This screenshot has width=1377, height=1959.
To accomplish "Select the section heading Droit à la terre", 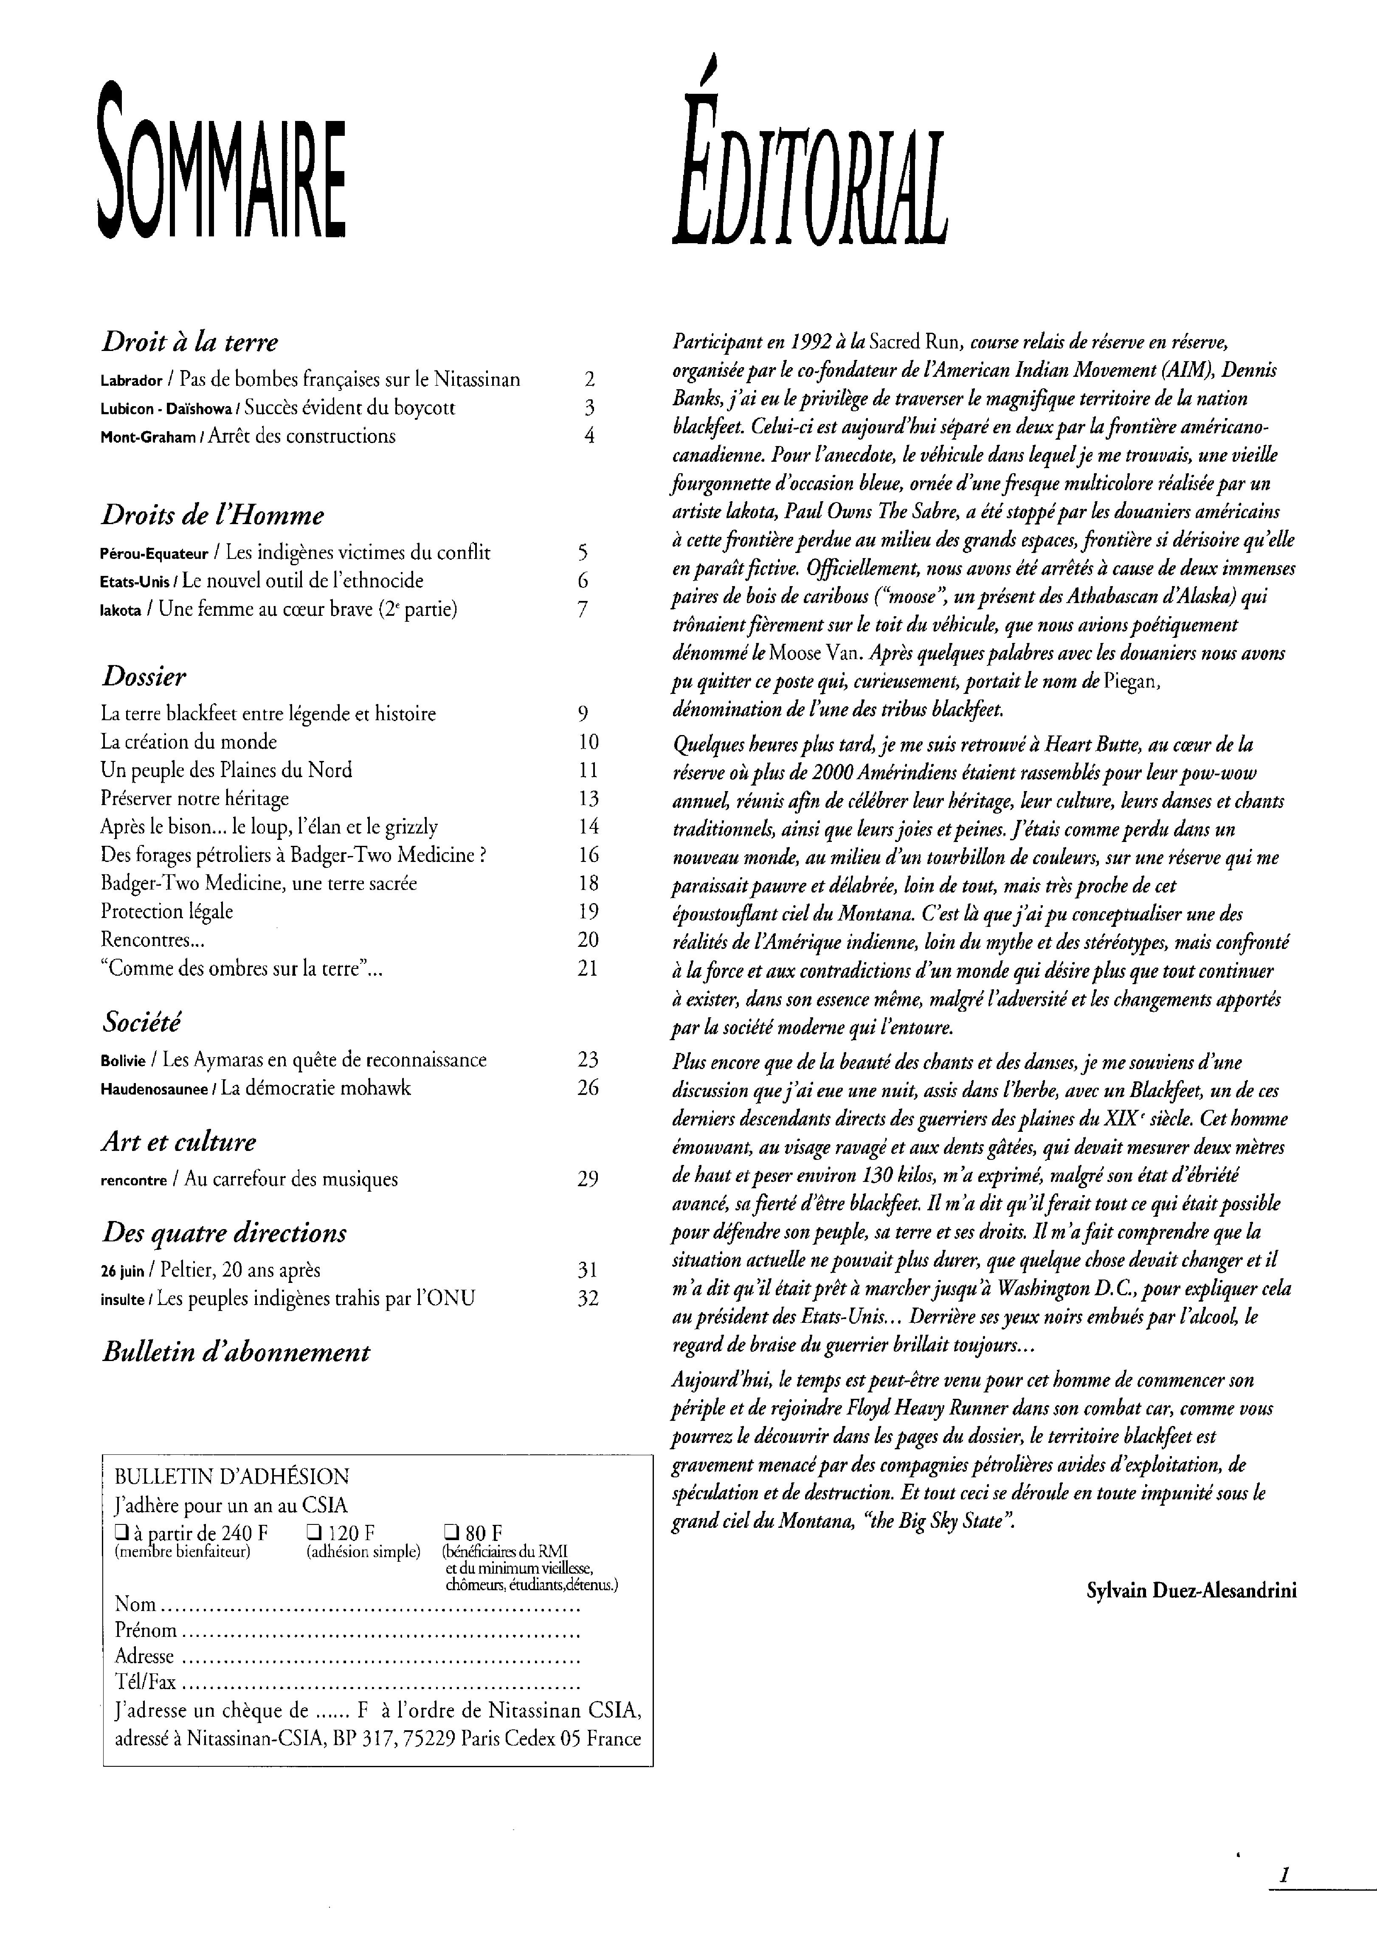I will tap(189, 342).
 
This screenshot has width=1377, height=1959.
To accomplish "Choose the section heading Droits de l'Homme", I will tap(213, 515).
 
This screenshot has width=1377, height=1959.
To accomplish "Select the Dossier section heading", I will tap(144, 676).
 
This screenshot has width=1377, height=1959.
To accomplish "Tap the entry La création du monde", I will tap(189, 741).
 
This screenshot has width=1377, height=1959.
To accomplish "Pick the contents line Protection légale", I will tap(166, 911).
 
